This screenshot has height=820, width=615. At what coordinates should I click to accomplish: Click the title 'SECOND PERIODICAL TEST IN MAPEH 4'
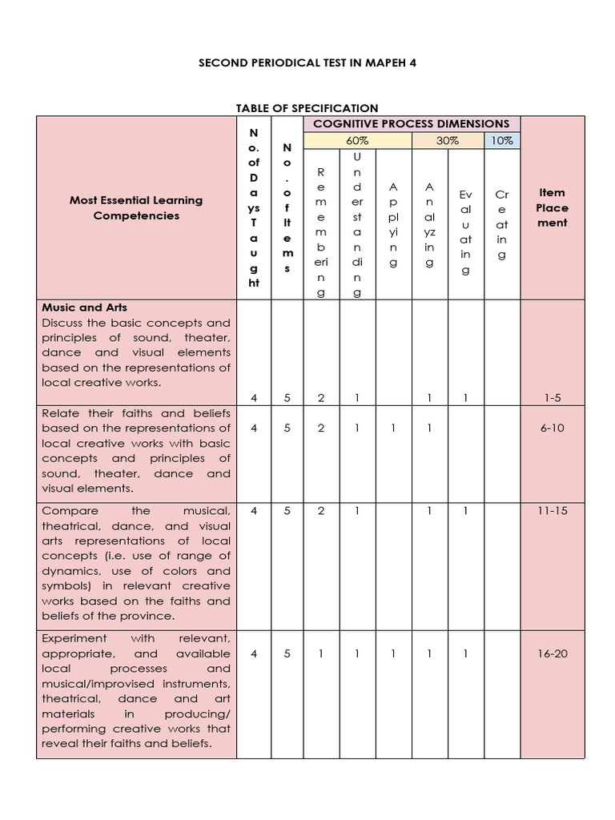click(x=307, y=62)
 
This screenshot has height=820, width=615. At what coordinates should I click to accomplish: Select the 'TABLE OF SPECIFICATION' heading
click(x=307, y=108)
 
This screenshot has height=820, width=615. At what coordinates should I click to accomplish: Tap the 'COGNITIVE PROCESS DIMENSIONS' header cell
click(x=411, y=123)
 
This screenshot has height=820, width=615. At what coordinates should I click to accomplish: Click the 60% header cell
click(x=357, y=140)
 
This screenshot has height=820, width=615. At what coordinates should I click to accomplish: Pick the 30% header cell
click(x=448, y=140)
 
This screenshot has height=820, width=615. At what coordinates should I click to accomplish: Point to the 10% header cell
click(x=501, y=140)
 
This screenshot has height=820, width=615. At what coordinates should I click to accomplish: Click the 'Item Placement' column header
click(x=553, y=207)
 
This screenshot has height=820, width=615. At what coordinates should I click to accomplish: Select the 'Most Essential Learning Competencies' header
click(x=136, y=207)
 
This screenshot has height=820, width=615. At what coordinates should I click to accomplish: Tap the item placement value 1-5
click(x=553, y=397)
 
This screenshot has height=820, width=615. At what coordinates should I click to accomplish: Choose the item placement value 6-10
click(x=553, y=428)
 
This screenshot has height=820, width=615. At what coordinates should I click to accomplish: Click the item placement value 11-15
click(x=553, y=510)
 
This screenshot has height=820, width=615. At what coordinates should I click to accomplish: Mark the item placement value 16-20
click(x=553, y=653)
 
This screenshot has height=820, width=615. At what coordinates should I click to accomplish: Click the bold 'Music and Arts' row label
click(x=84, y=307)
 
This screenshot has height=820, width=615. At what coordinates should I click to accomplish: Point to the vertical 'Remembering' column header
click(x=321, y=232)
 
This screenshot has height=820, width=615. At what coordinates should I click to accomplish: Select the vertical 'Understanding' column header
click(x=357, y=224)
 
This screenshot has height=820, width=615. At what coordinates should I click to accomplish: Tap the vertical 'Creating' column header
click(x=502, y=225)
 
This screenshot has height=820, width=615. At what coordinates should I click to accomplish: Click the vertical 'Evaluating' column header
click(x=466, y=232)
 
